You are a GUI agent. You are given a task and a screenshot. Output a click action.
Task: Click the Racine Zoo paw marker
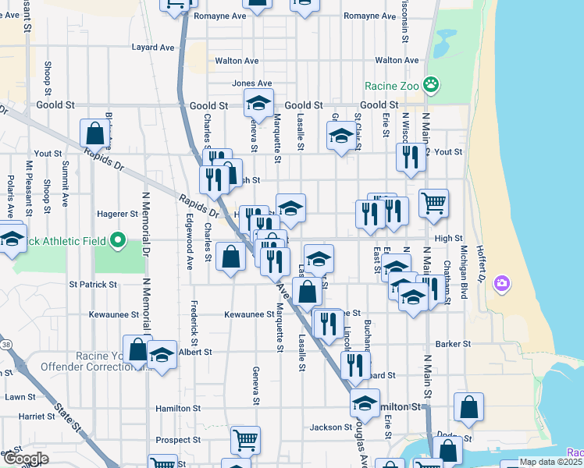430,84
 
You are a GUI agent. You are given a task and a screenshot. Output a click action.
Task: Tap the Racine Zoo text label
391,86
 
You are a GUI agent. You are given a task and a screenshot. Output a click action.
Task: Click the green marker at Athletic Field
118,240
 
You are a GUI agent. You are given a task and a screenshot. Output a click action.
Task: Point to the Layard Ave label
153,47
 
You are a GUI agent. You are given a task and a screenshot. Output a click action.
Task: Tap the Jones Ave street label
251,83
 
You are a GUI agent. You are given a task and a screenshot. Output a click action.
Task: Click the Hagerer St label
117,213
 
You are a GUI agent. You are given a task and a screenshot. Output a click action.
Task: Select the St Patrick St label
93,285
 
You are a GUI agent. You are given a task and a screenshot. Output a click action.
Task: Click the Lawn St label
16,396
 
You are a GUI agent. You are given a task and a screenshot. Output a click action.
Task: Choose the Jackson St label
330,427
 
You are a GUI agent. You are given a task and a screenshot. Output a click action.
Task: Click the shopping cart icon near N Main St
433,204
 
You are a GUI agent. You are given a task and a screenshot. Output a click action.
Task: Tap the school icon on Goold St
258,102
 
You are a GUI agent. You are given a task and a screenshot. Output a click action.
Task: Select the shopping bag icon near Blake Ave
94,133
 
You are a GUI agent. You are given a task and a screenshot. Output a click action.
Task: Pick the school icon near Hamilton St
364,404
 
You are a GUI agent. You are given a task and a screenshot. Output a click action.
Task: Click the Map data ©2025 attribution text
549,462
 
